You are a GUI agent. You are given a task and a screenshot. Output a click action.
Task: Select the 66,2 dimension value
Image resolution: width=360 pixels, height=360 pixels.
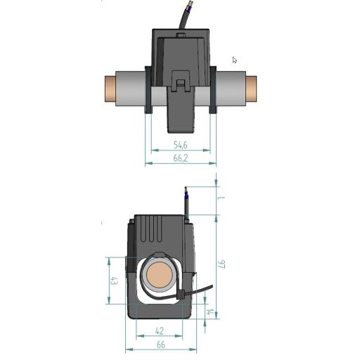click(180, 158)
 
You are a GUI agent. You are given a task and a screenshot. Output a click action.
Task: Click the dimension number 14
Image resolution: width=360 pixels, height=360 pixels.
click(208, 311)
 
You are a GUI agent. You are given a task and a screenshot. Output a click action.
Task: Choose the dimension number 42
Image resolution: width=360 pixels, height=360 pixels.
click(159, 330)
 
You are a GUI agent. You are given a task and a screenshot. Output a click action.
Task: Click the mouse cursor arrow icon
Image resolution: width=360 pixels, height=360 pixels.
click(235, 60)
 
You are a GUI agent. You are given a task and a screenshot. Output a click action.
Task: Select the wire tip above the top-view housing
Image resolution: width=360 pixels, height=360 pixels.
click(188, 9)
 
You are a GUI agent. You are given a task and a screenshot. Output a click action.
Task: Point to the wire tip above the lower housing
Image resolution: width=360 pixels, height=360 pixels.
click(186, 191)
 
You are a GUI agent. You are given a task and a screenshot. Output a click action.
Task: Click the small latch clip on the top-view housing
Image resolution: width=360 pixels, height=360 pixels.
click(181, 85)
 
